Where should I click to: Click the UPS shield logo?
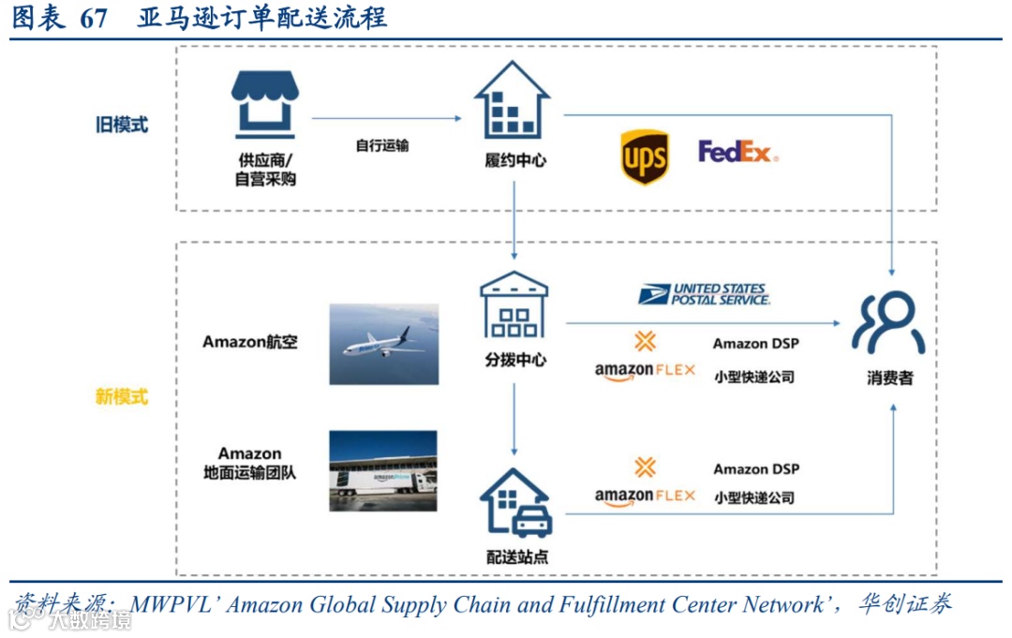click(x=645, y=156)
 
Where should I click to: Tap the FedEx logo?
click(x=737, y=152)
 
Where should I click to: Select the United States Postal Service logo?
click(x=704, y=295)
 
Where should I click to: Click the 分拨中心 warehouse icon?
click(x=514, y=304)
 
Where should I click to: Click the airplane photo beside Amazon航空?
click(x=383, y=344)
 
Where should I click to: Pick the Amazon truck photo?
click(x=383, y=471)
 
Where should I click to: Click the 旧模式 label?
click(x=122, y=124)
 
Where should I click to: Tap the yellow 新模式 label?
click(x=122, y=396)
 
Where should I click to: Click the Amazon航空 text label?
click(x=250, y=342)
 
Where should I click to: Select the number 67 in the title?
click(x=94, y=18)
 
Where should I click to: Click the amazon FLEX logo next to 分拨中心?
click(x=645, y=369)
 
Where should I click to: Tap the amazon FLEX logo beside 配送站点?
click(x=645, y=495)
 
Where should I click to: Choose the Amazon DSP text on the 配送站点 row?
click(x=756, y=468)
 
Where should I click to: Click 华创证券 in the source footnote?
click(x=904, y=604)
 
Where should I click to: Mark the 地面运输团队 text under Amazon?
click(x=249, y=473)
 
